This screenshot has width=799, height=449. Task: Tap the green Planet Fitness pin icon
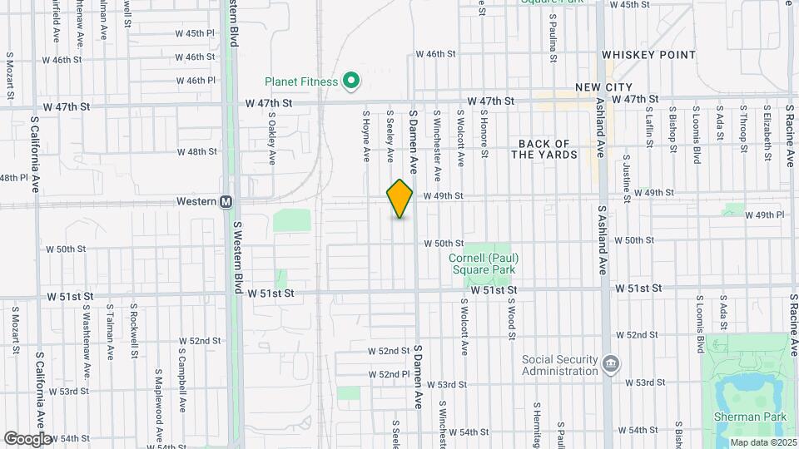351,81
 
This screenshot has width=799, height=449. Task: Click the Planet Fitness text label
301,81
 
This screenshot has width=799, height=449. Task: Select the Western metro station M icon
226,202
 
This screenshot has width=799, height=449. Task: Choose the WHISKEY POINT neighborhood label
648,55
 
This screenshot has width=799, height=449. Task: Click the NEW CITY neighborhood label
603,87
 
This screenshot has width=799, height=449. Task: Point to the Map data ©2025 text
763,442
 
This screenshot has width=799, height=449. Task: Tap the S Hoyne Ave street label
365,134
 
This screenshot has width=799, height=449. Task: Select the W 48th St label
196,152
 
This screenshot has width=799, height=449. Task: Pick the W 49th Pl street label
765,215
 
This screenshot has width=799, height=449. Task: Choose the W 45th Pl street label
196,33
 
